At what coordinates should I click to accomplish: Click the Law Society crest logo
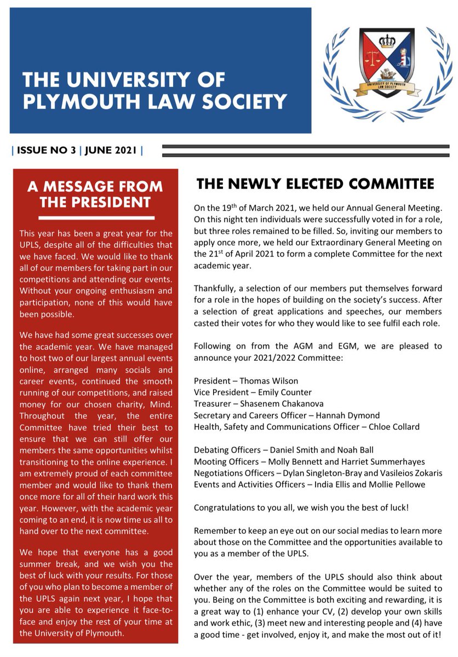point(384,68)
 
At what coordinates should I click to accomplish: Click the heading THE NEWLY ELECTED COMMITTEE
point(315,184)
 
